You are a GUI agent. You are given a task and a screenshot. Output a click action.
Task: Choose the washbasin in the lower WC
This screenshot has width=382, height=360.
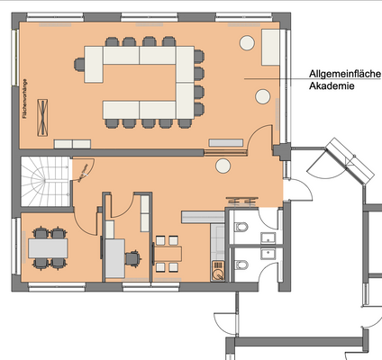click(268, 254)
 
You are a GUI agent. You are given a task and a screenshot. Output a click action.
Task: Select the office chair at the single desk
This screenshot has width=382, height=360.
click(133, 257)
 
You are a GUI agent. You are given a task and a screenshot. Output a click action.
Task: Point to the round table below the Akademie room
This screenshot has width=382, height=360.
click(222, 165)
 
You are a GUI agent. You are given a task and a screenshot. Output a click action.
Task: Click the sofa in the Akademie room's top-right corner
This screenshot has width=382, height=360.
click(271, 47)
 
